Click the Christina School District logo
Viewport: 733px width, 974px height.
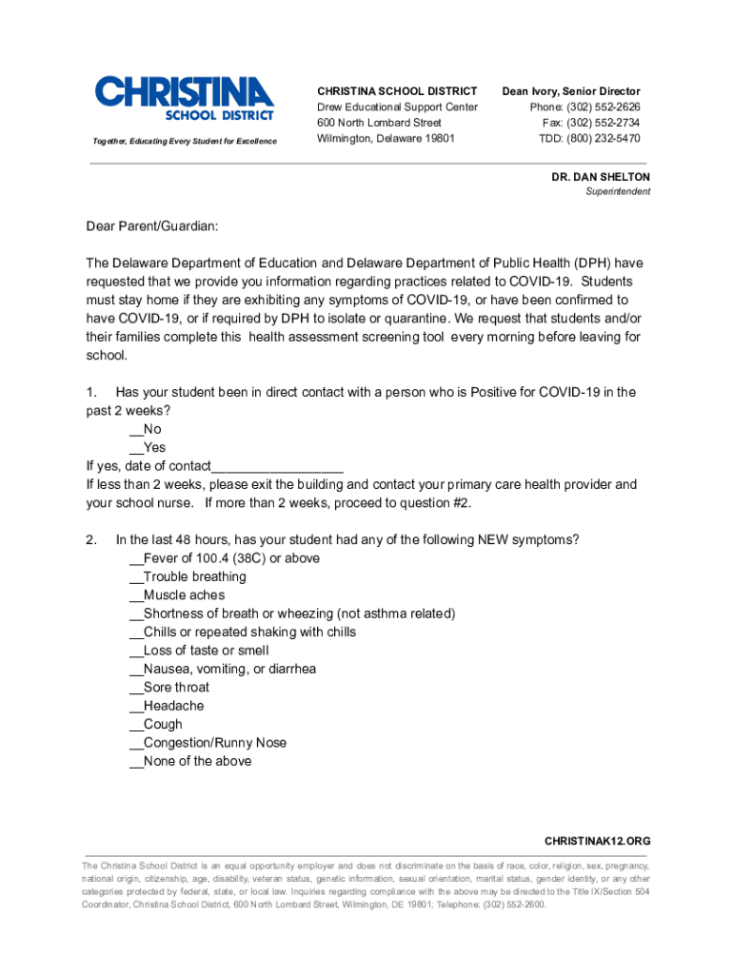tap(184, 99)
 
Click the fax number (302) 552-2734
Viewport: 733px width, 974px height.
tap(606, 123)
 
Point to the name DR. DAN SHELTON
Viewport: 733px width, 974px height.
tap(601, 177)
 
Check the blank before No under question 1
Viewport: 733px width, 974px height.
tap(136, 430)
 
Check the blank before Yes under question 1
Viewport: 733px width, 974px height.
tap(136, 448)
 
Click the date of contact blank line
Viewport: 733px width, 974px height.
tap(276, 466)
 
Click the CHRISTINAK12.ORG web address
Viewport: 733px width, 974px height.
tap(597, 842)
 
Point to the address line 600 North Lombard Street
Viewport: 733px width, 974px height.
tap(379, 123)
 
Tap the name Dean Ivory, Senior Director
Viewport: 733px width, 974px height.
tap(571, 91)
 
